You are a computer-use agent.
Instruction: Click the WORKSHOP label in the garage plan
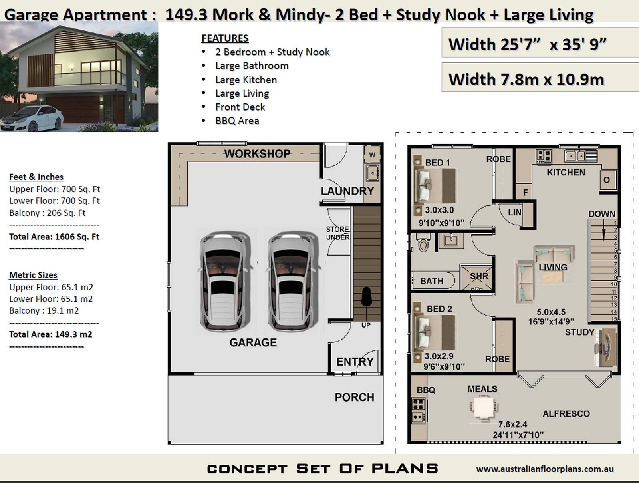point(257,154)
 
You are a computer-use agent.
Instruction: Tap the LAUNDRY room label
point(347,191)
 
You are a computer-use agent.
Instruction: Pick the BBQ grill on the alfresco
point(418,410)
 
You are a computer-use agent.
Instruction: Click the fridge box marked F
point(525,192)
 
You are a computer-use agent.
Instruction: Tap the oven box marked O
point(606,180)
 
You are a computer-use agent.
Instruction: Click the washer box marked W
point(372,155)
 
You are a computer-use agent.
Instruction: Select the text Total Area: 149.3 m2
point(51,334)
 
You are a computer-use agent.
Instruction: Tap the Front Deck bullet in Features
point(240,107)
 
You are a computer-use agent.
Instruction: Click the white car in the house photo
point(32,118)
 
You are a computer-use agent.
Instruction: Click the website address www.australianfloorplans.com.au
point(545,469)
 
